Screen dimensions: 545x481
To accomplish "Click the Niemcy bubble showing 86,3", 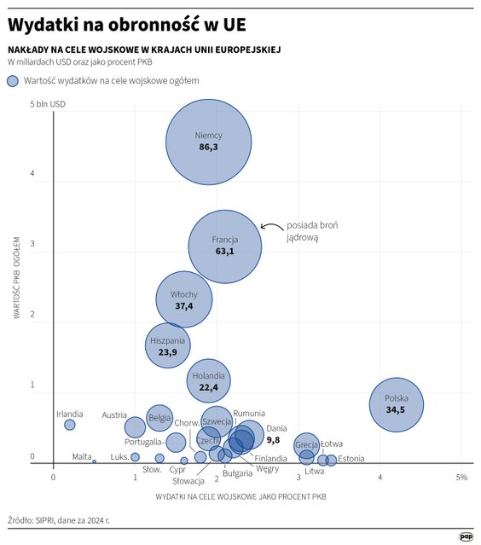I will (x=208, y=142).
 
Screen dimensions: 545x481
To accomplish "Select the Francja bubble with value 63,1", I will (x=223, y=246).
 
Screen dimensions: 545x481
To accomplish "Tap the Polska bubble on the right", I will (x=397, y=403).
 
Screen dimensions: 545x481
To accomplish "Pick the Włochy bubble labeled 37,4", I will (x=183, y=299).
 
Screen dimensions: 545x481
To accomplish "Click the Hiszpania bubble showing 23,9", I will (x=168, y=345).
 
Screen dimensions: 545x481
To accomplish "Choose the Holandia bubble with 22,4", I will (x=208, y=380).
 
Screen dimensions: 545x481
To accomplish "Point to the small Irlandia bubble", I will (x=70, y=425).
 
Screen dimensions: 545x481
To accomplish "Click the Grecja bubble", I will (x=307, y=444).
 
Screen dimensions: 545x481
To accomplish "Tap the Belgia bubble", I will (x=159, y=418).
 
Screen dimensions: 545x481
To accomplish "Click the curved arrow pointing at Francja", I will (x=270, y=227).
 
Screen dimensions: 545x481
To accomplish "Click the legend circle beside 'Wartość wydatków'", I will (x=13, y=81).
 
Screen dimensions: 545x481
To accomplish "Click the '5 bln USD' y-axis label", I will (x=48, y=104).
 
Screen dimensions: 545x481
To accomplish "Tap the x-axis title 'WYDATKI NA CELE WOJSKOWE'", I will (x=241, y=496).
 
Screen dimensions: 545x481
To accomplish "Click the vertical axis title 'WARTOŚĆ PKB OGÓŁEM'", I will (x=17, y=277).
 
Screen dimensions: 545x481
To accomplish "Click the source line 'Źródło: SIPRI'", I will (x=59, y=519).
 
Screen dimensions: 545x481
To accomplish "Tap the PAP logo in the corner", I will (x=466, y=536).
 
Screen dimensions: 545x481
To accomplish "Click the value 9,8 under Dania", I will (x=274, y=440).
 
